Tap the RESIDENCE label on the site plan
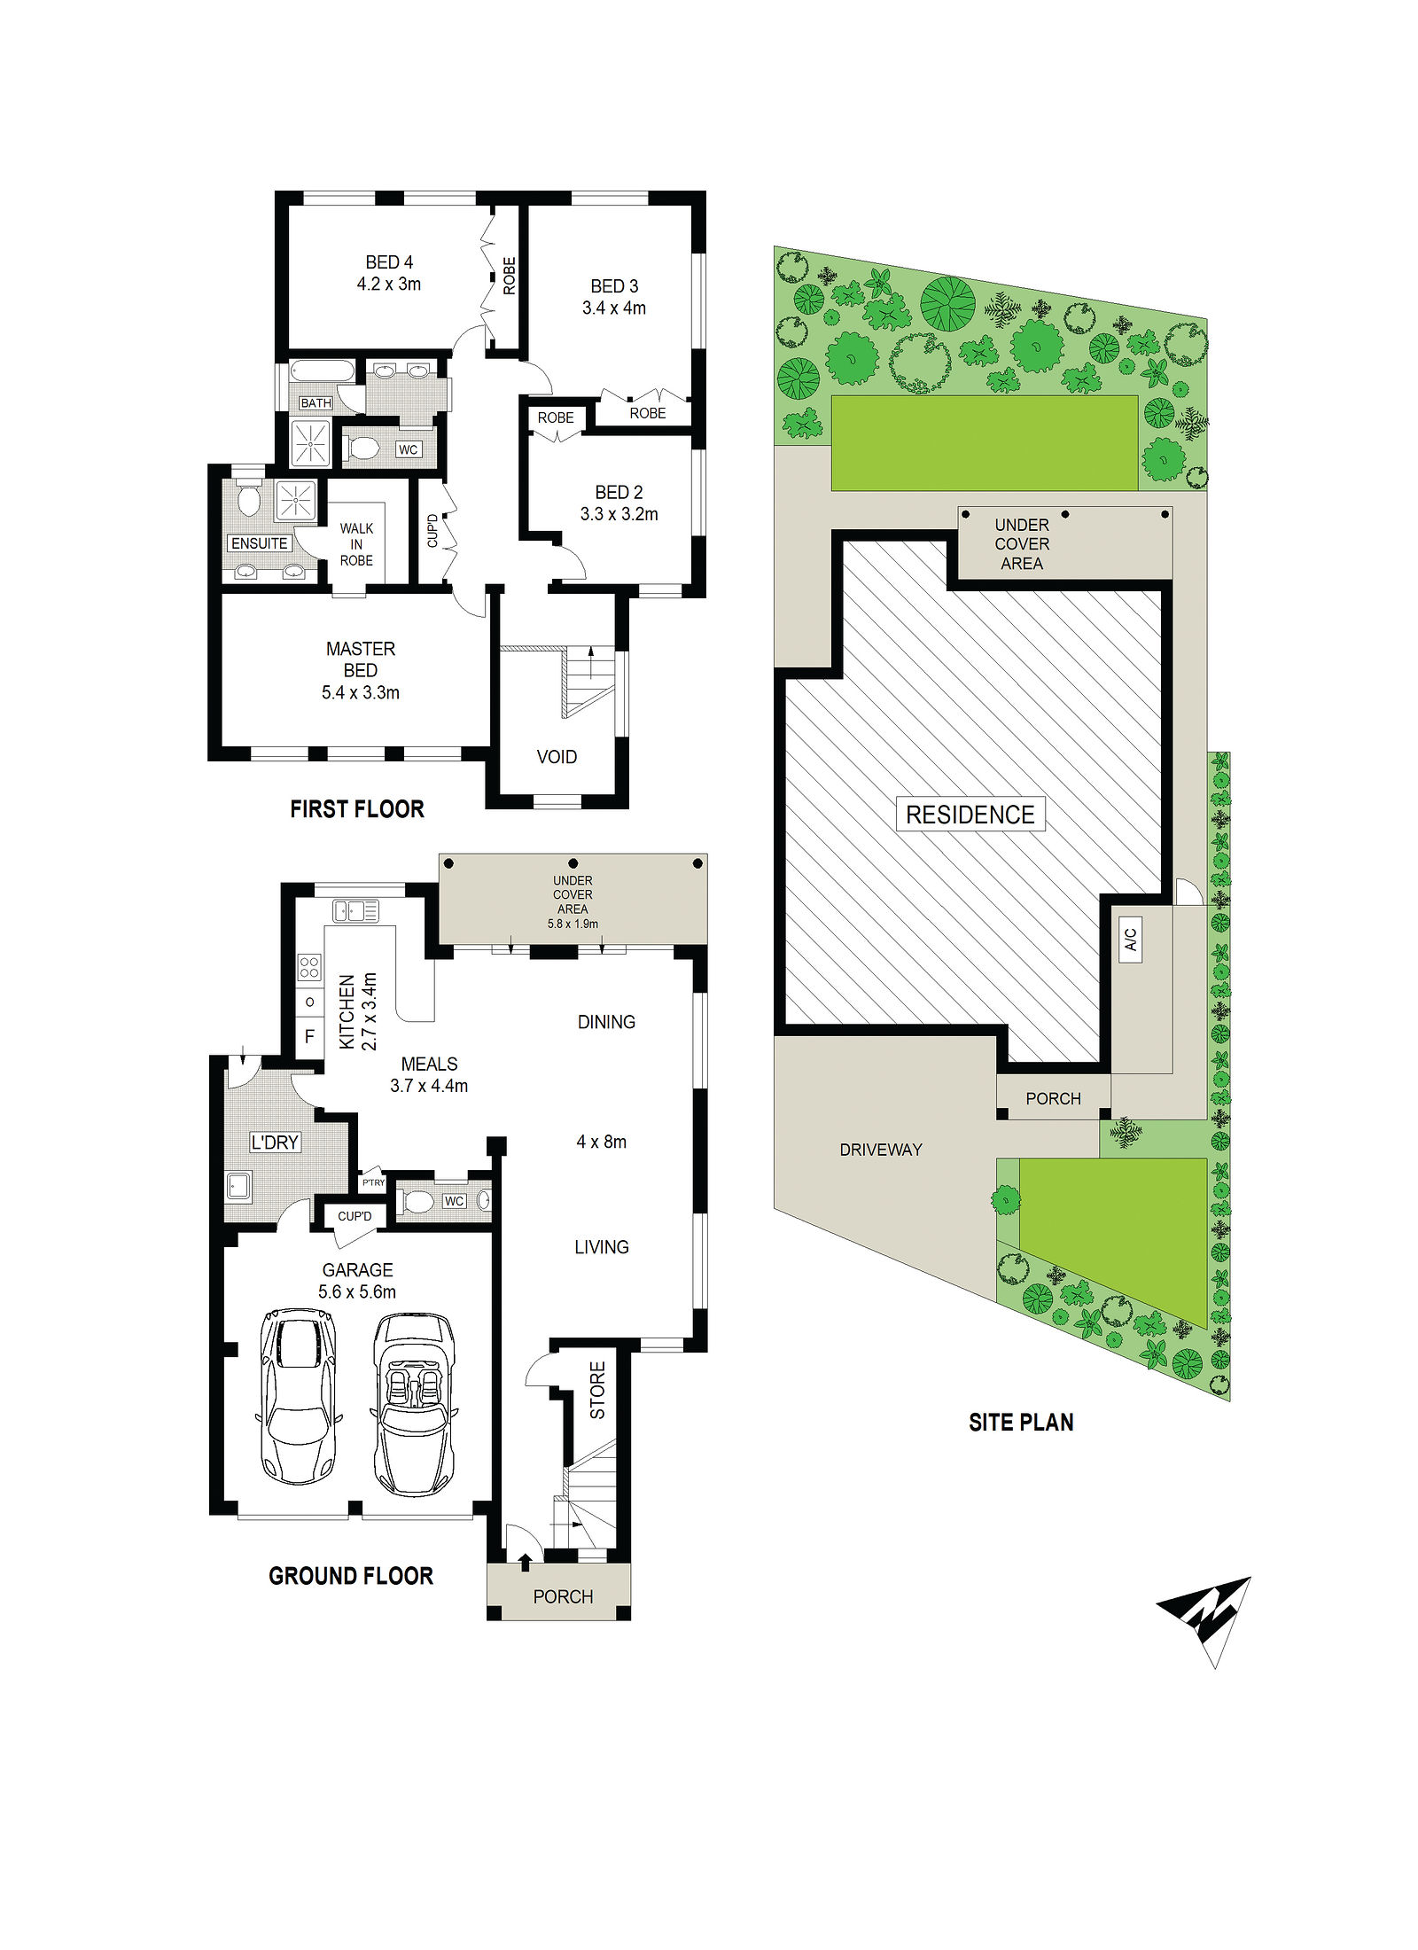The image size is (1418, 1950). coord(970,815)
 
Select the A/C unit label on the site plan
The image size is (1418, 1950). coord(1131,940)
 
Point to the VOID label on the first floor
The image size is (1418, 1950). coord(557,757)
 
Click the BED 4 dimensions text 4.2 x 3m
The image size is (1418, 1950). coord(389,285)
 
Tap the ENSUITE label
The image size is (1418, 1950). coord(259,543)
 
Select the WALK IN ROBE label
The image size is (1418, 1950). coord(356,544)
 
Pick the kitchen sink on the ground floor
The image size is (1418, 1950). coord(355,910)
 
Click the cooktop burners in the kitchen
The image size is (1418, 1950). coord(309,966)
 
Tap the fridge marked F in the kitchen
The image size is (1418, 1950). coord(309,1036)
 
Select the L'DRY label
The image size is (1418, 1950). coord(275,1143)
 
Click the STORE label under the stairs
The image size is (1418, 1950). coord(598,1390)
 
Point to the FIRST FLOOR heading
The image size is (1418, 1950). coord(357,809)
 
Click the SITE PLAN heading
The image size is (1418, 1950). coord(1021,1423)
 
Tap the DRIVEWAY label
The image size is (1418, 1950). coord(881,1150)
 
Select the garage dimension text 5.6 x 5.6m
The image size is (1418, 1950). coord(357,1292)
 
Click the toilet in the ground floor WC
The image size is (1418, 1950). coord(417,1203)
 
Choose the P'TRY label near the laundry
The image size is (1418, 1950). coord(374,1182)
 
